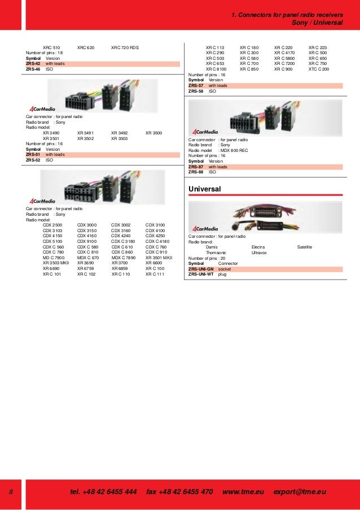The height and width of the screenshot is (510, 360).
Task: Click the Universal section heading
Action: [205, 188]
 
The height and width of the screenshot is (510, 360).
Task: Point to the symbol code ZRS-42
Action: [33, 64]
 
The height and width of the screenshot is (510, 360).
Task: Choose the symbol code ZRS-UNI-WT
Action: [201, 274]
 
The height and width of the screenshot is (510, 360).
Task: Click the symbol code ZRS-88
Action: [196, 172]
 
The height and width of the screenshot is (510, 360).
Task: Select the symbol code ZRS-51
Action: [33, 154]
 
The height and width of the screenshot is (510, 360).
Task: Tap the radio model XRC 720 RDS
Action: [129, 47]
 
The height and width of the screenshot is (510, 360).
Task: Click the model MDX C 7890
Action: [124, 258]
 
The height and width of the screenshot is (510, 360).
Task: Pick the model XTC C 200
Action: [319, 69]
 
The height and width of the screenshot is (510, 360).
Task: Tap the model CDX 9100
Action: [87, 241]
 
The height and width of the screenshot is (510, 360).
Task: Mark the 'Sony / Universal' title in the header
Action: [317, 23]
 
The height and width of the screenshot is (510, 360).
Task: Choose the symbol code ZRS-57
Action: [196, 85]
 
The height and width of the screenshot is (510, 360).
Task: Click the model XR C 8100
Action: [216, 69]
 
